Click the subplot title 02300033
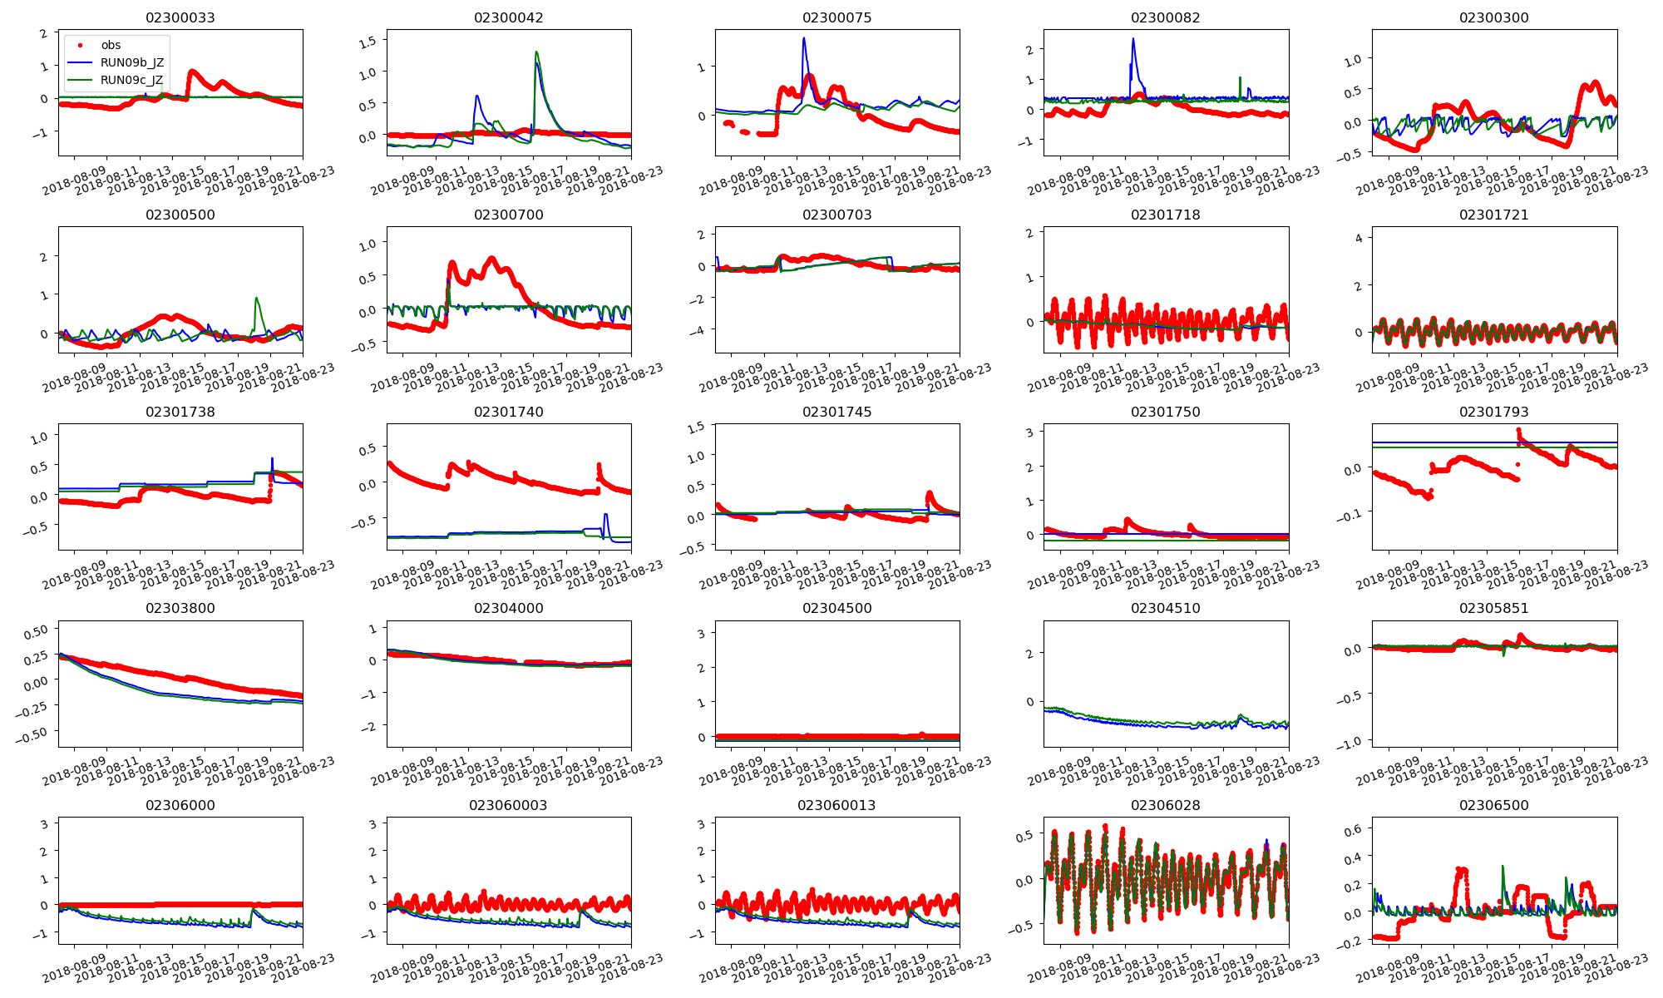(180, 17)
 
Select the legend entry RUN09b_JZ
(131, 62)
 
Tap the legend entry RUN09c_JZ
(131, 80)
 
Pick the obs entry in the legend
(111, 45)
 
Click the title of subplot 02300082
(1165, 17)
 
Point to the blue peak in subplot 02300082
(1133, 39)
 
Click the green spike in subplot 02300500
(256, 299)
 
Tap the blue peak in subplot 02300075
(803, 38)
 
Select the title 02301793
(1493, 412)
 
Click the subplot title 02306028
(1165, 805)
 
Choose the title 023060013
(836, 805)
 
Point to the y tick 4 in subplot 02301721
(1359, 239)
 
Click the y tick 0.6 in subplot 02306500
(1352, 829)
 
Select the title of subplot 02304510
(1165, 608)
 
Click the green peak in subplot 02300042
(536, 52)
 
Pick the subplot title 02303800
(180, 608)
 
